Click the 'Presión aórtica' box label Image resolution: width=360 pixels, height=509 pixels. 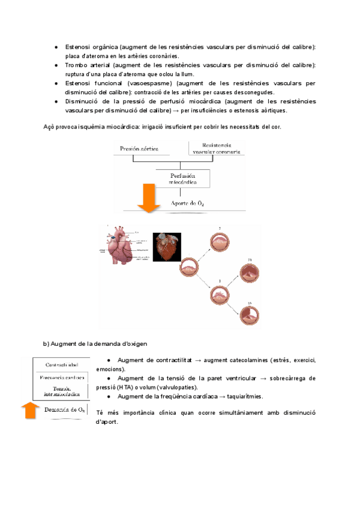point(143,148)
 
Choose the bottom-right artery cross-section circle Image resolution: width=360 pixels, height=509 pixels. point(248,315)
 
